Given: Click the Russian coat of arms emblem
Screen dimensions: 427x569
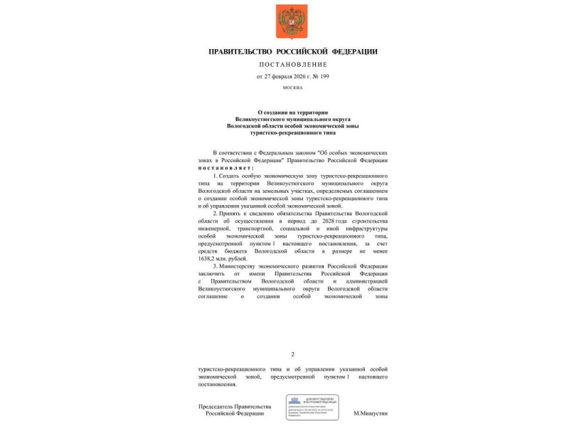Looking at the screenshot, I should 292,21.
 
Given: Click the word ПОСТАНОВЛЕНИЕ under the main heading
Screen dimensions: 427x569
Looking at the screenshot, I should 293,64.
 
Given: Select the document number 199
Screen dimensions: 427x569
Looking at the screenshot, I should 324,75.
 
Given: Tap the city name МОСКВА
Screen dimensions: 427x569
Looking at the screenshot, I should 292,88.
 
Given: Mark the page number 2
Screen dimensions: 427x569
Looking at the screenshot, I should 292,354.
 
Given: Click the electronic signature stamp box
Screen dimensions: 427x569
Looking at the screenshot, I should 312,406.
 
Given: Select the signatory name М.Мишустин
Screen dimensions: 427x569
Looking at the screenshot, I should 370,413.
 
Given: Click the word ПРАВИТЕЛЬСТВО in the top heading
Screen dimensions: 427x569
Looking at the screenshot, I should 243,51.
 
